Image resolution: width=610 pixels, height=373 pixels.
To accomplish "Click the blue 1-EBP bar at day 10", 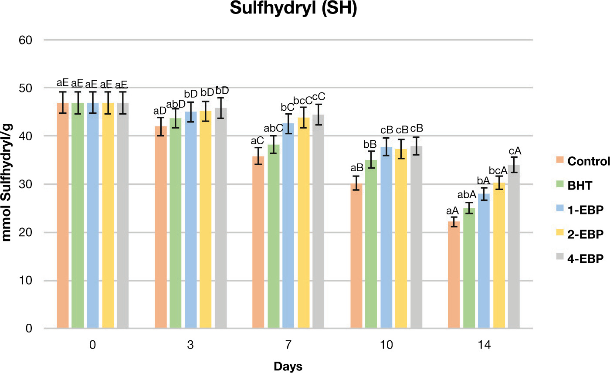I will [386, 237].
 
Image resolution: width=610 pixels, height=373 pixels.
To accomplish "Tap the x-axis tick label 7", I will [288, 345].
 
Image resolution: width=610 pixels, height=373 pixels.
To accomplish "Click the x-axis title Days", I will [288, 366].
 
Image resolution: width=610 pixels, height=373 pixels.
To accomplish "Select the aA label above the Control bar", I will [454, 211].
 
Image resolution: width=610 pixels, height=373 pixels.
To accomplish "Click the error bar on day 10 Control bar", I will [356, 183].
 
